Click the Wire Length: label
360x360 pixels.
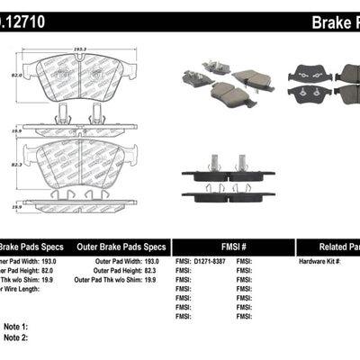[20, 290]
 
